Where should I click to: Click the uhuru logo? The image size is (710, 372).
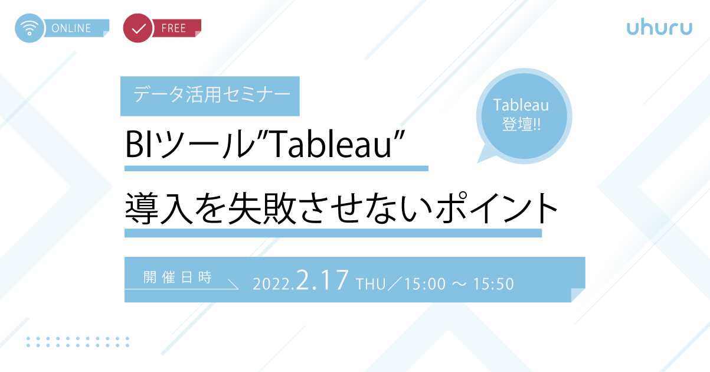pos(659,27)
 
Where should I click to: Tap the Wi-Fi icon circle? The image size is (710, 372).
pos(29,28)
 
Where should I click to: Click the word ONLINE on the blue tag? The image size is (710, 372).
pos(71,28)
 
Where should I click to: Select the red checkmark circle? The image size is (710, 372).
pos(138,28)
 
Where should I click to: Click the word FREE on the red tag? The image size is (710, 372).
pos(174,28)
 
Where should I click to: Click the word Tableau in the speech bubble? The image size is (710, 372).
pos(521,105)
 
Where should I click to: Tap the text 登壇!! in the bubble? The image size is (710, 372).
pos(521,124)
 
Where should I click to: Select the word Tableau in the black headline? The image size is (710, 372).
pos(331,144)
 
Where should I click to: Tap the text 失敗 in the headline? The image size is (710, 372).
pos(262,208)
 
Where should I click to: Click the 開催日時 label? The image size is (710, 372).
pos(178,278)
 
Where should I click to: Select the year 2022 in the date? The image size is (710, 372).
pos(271,284)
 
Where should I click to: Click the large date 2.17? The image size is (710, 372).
pos(322,280)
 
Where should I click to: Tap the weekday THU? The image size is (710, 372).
pos(371,284)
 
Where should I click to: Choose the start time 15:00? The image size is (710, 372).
pos(425,284)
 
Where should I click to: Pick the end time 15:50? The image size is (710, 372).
pos(493,284)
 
